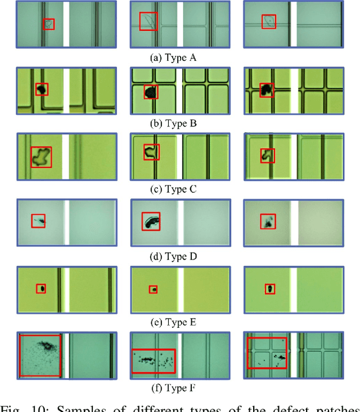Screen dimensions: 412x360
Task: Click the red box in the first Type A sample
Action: point(49,24)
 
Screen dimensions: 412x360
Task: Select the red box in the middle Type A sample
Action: point(148,21)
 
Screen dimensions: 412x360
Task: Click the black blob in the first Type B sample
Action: point(41,89)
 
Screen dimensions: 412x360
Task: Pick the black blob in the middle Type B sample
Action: point(150,91)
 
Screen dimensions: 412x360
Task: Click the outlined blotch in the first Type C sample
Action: point(40,156)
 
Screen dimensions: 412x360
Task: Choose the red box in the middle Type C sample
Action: point(150,152)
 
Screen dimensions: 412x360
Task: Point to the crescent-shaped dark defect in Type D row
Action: point(150,222)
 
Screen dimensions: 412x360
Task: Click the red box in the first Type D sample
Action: point(38,221)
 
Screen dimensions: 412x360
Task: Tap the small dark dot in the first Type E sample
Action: point(40,288)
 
